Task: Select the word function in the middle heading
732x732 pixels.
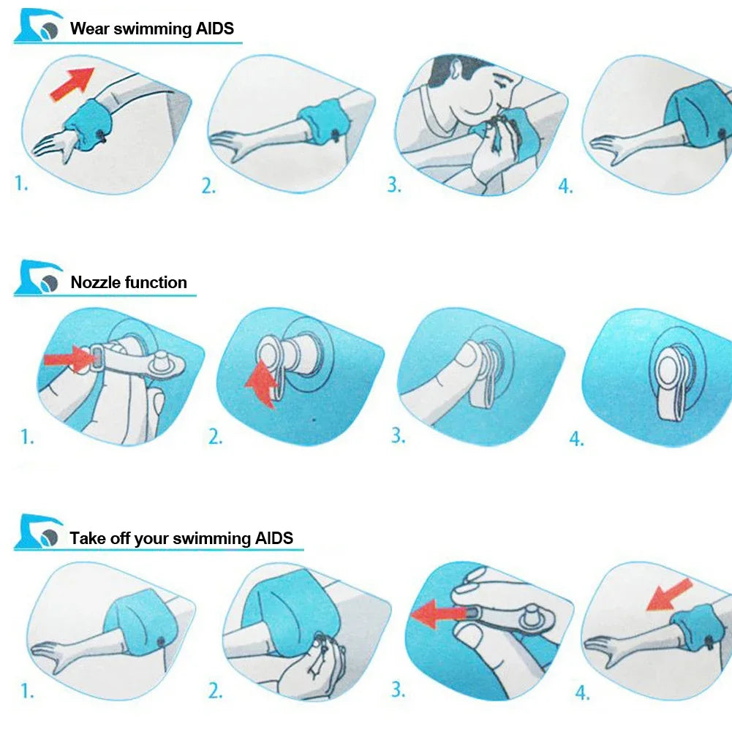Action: [x=156, y=282]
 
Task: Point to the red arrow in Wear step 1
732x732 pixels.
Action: [x=72, y=83]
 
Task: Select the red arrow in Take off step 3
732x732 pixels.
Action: [x=438, y=614]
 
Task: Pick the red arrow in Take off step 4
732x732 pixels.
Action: [x=668, y=595]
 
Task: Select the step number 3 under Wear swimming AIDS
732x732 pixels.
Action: [x=394, y=185]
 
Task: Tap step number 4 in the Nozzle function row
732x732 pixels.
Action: [x=576, y=439]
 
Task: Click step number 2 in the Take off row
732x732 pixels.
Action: [x=215, y=691]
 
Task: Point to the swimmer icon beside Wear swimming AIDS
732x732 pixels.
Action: [x=38, y=26]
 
